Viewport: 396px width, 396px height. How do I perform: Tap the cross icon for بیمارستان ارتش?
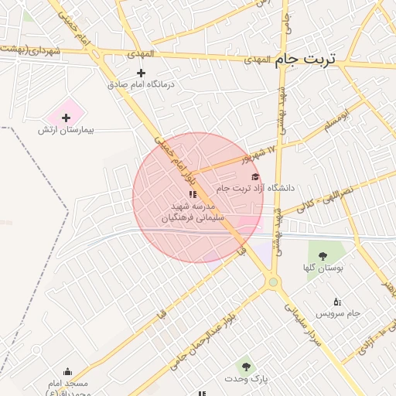tap(66, 118)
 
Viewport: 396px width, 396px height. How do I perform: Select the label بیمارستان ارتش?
tap(66, 130)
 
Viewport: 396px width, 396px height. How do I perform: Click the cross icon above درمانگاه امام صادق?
tap(141, 72)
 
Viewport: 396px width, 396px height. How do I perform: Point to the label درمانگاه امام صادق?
tap(141, 84)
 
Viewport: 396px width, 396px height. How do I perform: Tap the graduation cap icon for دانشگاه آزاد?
tap(255, 177)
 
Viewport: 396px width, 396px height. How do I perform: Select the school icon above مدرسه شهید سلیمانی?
tap(193, 194)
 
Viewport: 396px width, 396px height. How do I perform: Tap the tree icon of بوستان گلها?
tap(323, 256)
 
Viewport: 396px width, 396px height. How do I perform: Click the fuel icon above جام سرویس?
tap(336, 301)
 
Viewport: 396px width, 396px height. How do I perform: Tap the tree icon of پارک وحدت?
tap(246, 366)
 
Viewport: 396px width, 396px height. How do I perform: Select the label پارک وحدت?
tap(246, 378)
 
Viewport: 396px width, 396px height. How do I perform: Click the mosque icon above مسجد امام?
tap(67, 371)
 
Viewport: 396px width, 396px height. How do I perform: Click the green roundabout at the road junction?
tap(272, 282)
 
